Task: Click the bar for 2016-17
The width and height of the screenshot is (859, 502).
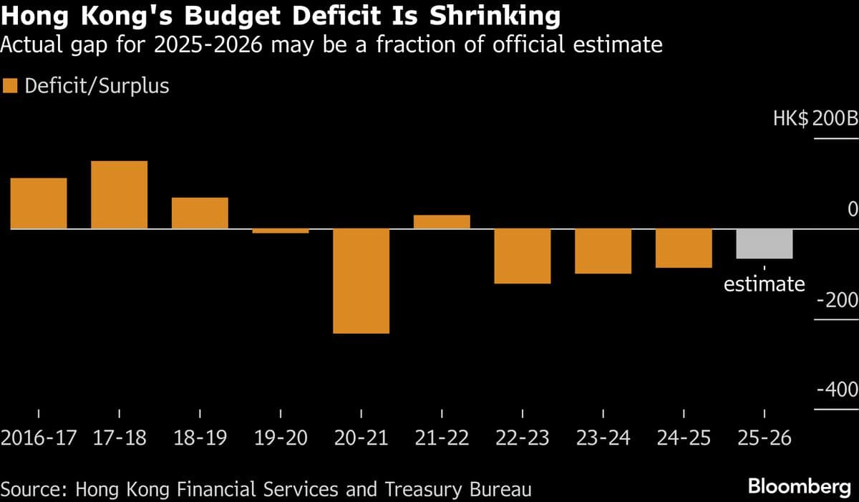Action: click(x=39, y=203)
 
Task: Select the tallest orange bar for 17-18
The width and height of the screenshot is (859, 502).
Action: click(x=120, y=195)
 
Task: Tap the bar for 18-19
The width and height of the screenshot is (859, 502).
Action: click(x=200, y=213)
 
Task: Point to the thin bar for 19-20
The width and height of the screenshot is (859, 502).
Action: click(x=281, y=231)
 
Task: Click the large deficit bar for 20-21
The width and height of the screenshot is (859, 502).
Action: click(x=361, y=281)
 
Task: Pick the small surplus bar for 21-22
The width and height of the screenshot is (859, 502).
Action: click(x=442, y=222)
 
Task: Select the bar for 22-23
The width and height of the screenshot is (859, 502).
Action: click(x=523, y=256)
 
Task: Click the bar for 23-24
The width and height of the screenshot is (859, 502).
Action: click(x=603, y=251)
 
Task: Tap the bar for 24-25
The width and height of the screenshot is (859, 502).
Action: click(x=684, y=248)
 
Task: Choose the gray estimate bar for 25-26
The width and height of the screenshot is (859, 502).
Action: click(x=765, y=243)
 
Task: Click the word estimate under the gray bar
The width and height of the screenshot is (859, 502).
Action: click(x=765, y=284)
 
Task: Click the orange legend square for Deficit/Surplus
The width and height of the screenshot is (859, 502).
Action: click(x=10, y=87)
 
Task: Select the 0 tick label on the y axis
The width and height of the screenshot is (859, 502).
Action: click(x=852, y=209)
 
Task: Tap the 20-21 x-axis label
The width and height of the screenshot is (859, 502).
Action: click(x=361, y=438)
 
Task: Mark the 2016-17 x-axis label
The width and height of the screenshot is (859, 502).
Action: click(x=39, y=438)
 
